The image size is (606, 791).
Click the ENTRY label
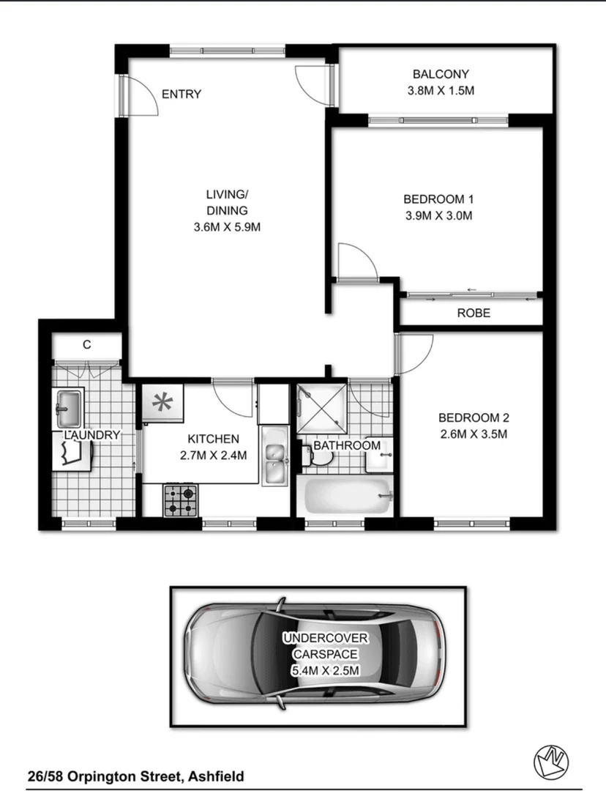click(181, 94)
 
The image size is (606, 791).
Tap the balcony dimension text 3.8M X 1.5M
click(440, 91)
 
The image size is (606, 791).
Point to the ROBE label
click(473, 313)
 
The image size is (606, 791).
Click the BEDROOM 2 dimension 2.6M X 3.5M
click(473, 434)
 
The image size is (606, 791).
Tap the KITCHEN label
click(213, 439)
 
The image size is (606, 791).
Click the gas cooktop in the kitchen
click(180, 501)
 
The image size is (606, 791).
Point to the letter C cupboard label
click(86, 345)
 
